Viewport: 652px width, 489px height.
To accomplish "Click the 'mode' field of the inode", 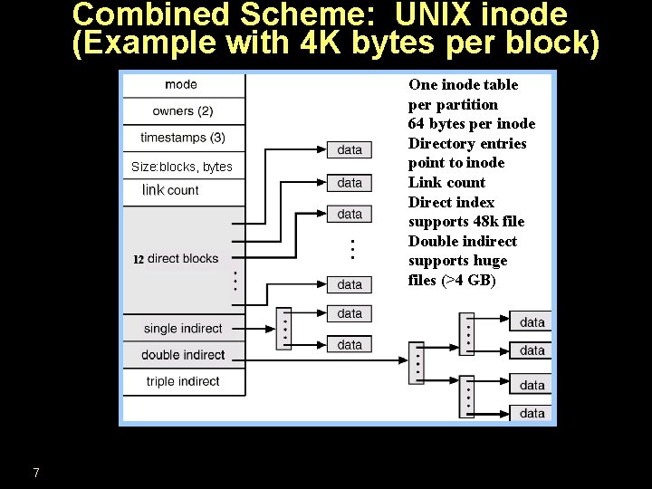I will point(181,85).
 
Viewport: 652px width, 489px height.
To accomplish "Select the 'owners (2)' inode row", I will point(183,111).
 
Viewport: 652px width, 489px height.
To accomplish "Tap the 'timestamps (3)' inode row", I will point(183,139).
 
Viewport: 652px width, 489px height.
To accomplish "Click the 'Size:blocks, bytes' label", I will point(182,167).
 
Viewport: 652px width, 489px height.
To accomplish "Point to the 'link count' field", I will point(170,190).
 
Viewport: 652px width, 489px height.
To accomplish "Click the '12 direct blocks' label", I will point(177,259).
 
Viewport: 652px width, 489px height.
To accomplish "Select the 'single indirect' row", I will point(183,329).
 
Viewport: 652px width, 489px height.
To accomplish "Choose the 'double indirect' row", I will point(183,355).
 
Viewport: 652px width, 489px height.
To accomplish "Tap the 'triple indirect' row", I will point(183,381).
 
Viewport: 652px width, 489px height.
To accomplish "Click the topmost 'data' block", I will point(350,149).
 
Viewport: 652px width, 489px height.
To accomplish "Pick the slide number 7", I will point(35,473).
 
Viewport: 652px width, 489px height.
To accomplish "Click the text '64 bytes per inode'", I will point(472,124).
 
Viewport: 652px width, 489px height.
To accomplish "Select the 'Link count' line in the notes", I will point(446,183).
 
